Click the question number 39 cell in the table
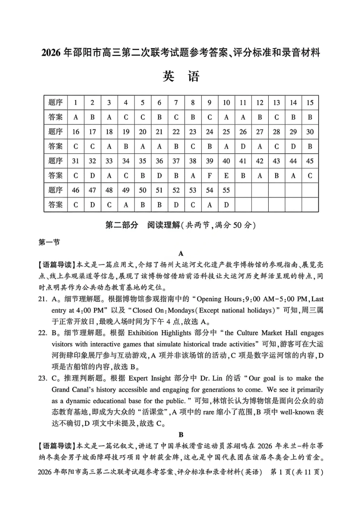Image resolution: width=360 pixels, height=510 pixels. (210, 161)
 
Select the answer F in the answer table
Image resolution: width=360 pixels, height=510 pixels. (210, 176)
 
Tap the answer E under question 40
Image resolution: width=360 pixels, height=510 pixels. (226, 176)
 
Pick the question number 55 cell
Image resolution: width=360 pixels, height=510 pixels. (226, 190)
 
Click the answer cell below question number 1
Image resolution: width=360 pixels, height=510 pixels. (76, 117)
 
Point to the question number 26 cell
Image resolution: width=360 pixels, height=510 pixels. (243, 132)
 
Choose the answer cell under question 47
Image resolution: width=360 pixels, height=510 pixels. (92, 205)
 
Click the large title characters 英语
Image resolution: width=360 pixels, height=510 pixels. (181, 77)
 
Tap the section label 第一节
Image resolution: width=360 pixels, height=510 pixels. (49, 242)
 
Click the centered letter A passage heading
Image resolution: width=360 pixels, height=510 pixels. (181, 253)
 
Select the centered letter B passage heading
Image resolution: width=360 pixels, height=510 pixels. (181, 435)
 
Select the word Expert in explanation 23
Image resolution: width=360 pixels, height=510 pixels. (139, 378)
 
